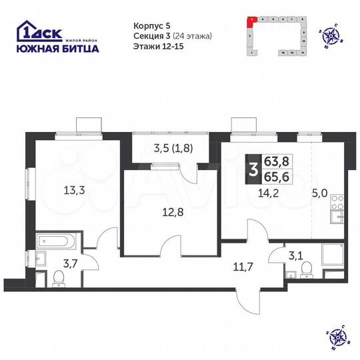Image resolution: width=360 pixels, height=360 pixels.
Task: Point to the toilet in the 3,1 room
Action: click(306, 267)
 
